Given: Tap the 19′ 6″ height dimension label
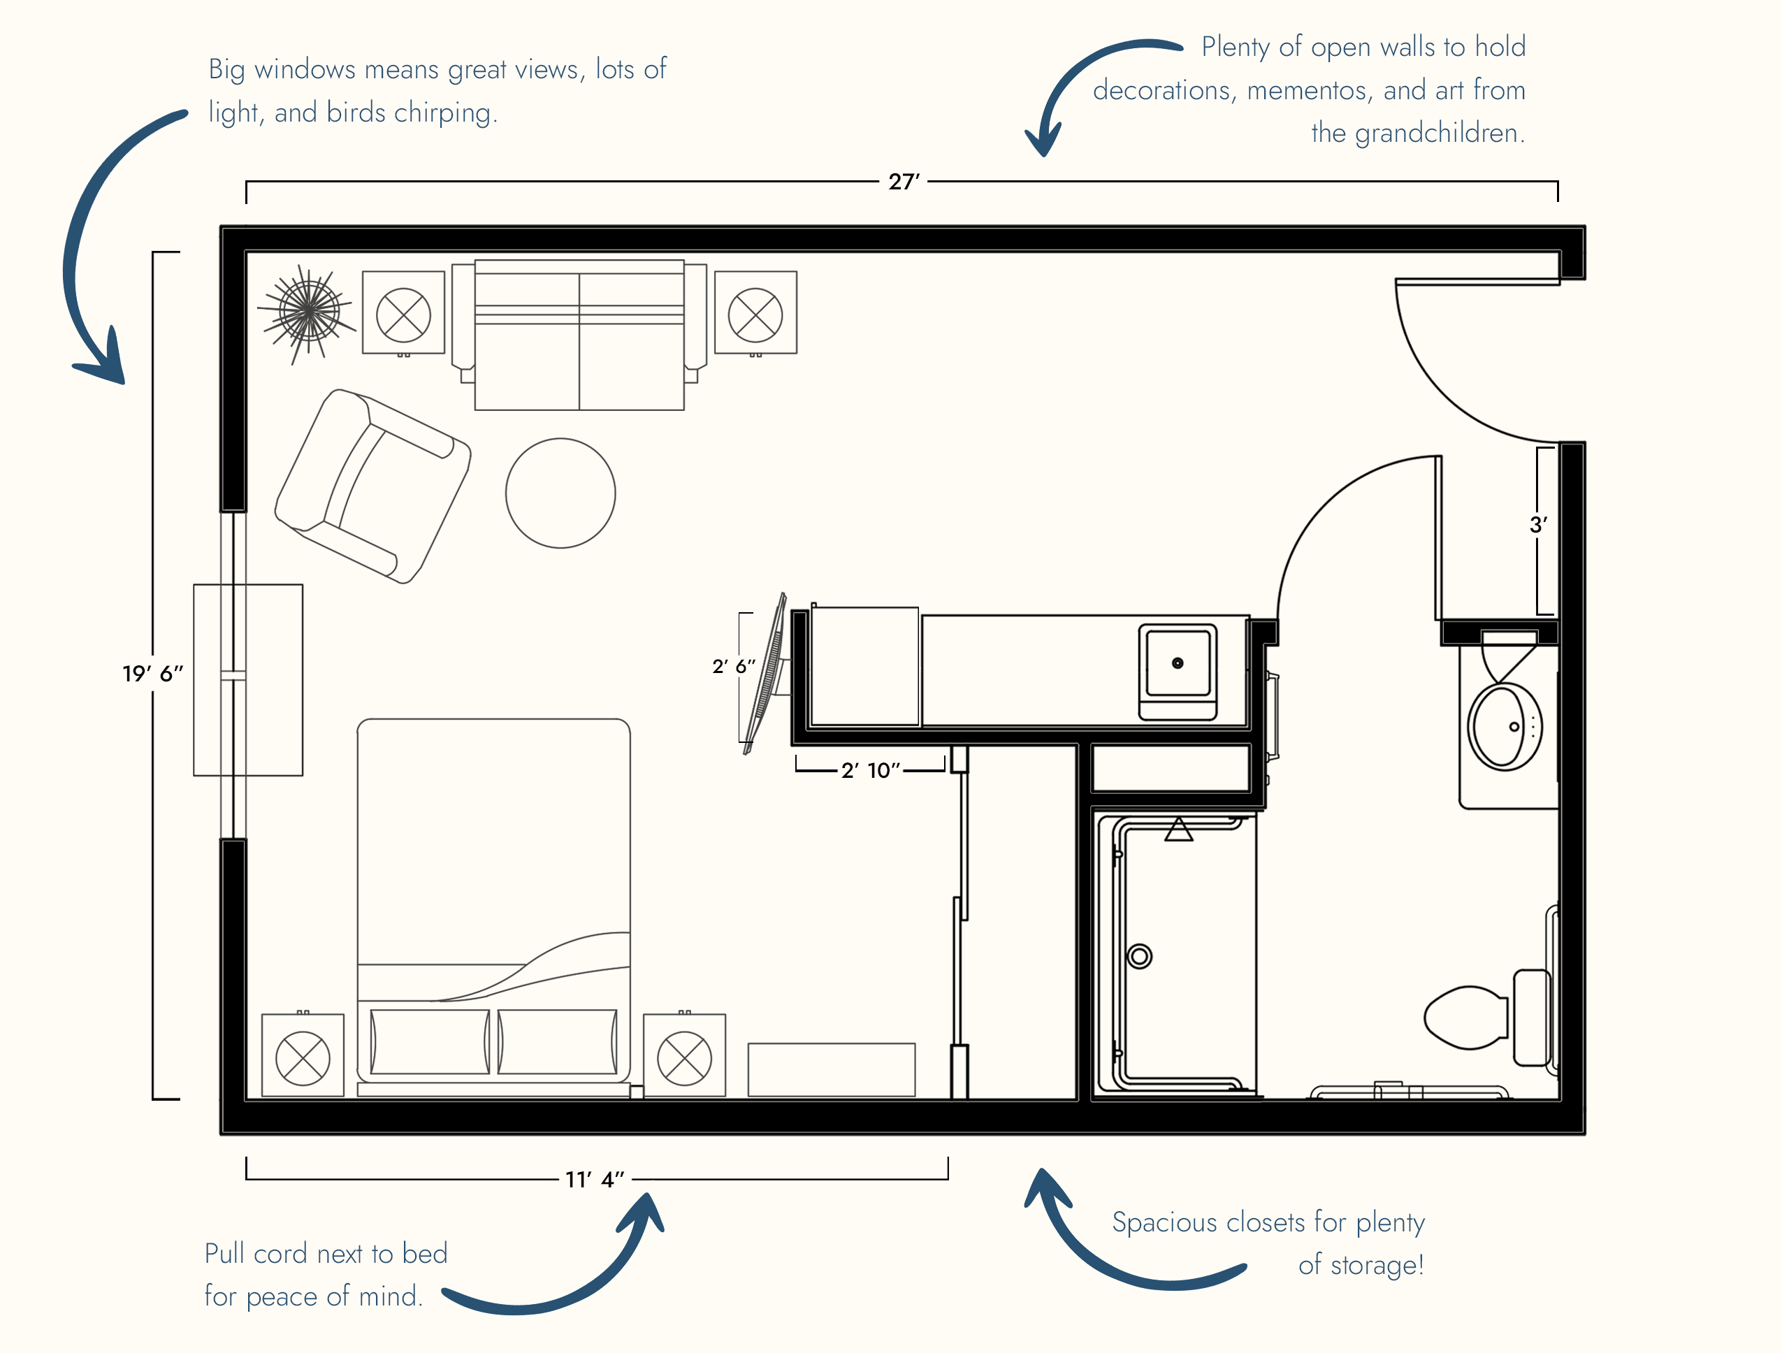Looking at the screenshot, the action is tap(153, 673).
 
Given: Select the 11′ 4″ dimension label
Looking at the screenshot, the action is tap(595, 1180).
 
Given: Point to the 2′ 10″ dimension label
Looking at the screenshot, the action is tap(871, 770).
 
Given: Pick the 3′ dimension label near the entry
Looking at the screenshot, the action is tap(1538, 525).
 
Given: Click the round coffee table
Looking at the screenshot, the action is tap(560, 493).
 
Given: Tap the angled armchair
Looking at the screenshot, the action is tap(373, 486).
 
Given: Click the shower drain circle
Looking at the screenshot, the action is tap(1139, 957).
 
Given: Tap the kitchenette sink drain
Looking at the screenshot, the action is tap(1178, 663).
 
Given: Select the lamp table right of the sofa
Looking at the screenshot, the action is tap(755, 312).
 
